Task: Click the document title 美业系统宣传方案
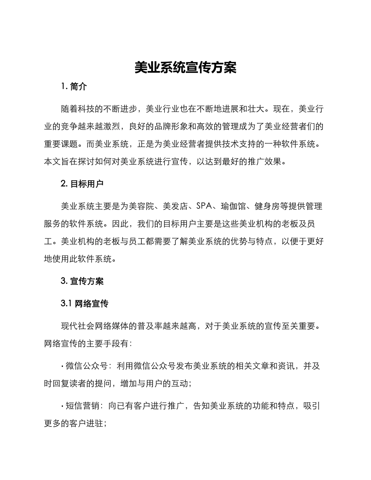click(185, 68)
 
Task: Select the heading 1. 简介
click(74, 87)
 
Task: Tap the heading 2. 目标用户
click(82, 184)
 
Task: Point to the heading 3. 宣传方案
click(82, 281)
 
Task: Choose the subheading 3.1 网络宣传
click(85, 304)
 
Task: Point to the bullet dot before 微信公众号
click(62, 366)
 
